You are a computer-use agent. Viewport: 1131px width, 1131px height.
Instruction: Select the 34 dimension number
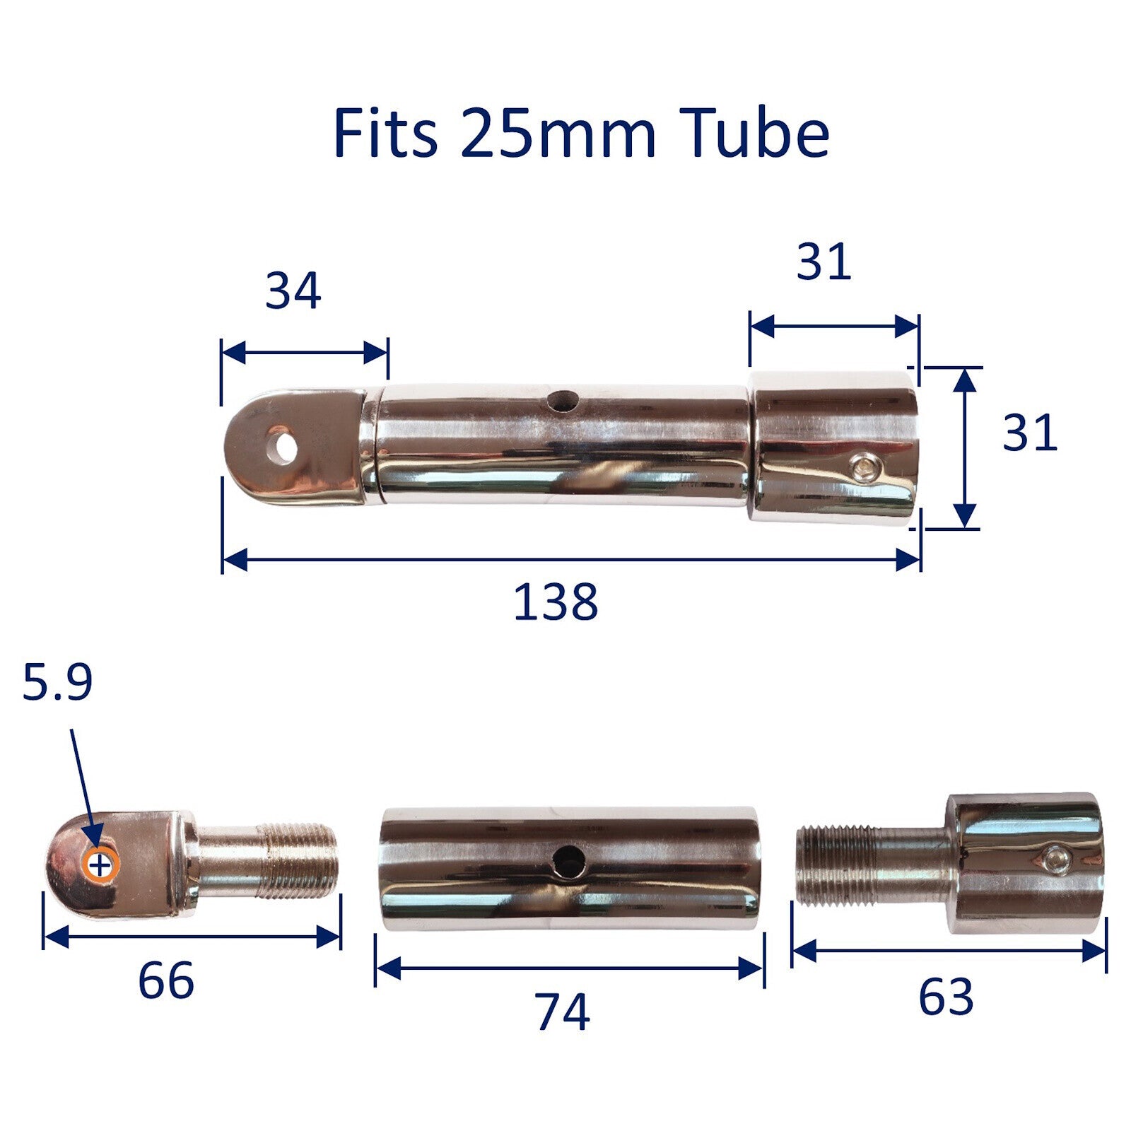(x=293, y=291)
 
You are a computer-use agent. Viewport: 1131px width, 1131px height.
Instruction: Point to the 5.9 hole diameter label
(x=57, y=684)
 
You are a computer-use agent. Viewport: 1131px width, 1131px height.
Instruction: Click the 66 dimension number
(x=165, y=981)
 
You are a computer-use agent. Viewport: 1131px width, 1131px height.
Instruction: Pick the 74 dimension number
(x=562, y=1012)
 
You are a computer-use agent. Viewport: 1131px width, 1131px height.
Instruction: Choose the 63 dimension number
(x=946, y=997)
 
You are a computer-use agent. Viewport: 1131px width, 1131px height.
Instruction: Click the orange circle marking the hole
(x=100, y=864)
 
